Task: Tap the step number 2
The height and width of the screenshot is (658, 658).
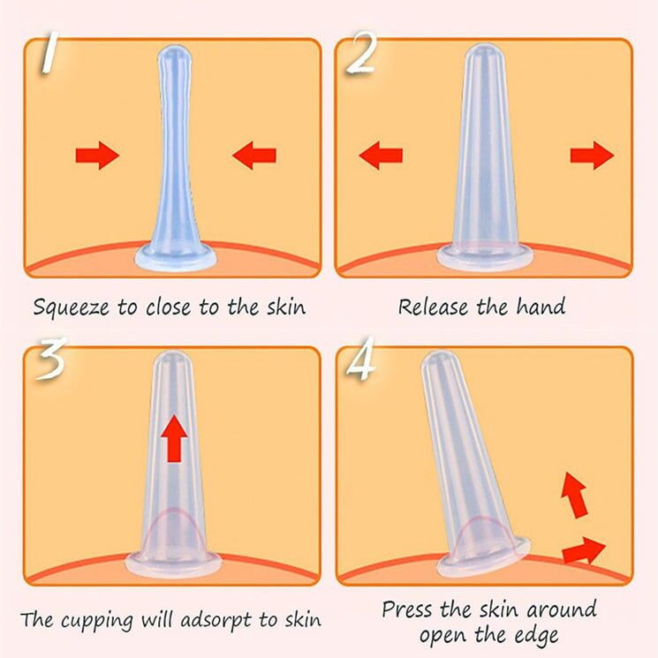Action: [x=361, y=54]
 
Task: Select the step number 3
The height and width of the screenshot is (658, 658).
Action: [x=50, y=359]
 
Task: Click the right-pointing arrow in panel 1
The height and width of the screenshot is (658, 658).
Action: [x=97, y=155]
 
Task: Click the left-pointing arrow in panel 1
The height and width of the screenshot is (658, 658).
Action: [x=253, y=155]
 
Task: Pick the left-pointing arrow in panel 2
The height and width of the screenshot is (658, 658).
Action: [x=381, y=155]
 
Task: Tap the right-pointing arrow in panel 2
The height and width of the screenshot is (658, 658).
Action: [x=592, y=155]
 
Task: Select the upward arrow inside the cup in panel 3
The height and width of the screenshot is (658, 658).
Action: [x=175, y=438]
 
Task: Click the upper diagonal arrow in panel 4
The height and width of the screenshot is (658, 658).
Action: [x=574, y=495]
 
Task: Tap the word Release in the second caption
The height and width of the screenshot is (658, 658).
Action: [x=433, y=306]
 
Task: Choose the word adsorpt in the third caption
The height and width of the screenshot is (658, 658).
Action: [x=216, y=620]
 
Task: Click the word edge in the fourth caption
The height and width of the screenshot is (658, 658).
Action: [x=538, y=637]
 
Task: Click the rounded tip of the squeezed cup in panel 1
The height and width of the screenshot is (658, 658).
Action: [x=175, y=55]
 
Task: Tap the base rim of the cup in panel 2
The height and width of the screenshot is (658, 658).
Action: [x=485, y=256]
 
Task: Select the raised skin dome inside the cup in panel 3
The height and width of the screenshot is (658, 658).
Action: [x=172, y=530]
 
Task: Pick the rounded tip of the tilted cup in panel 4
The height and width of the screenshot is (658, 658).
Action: [x=436, y=362]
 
